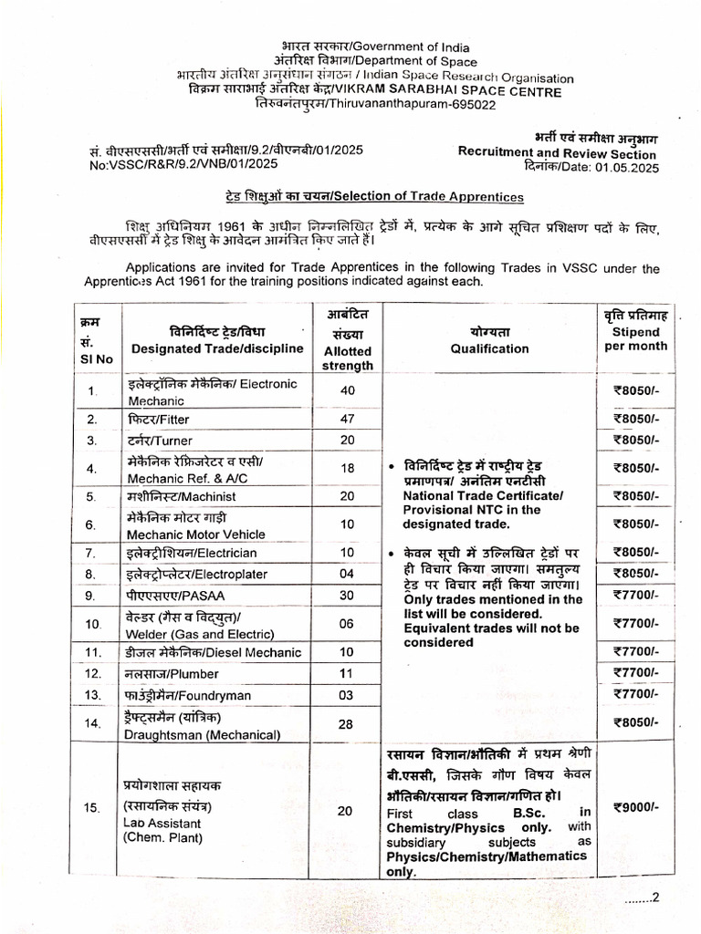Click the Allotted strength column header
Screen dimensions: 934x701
tap(347, 358)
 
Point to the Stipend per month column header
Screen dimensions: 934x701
tap(636, 338)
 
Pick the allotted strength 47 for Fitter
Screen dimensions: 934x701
tap(347, 419)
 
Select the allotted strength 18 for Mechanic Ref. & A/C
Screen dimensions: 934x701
tap(347, 468)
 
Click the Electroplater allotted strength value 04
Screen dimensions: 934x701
tap(347, 574)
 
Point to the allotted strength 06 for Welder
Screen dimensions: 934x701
tap(347, 623)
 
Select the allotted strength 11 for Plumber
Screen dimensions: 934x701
tap(347, 673)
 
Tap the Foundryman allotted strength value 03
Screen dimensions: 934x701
tap(347, 695)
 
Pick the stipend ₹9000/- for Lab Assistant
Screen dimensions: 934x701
tap(636, 806)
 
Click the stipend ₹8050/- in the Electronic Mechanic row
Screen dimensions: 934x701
tap(636, 390)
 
